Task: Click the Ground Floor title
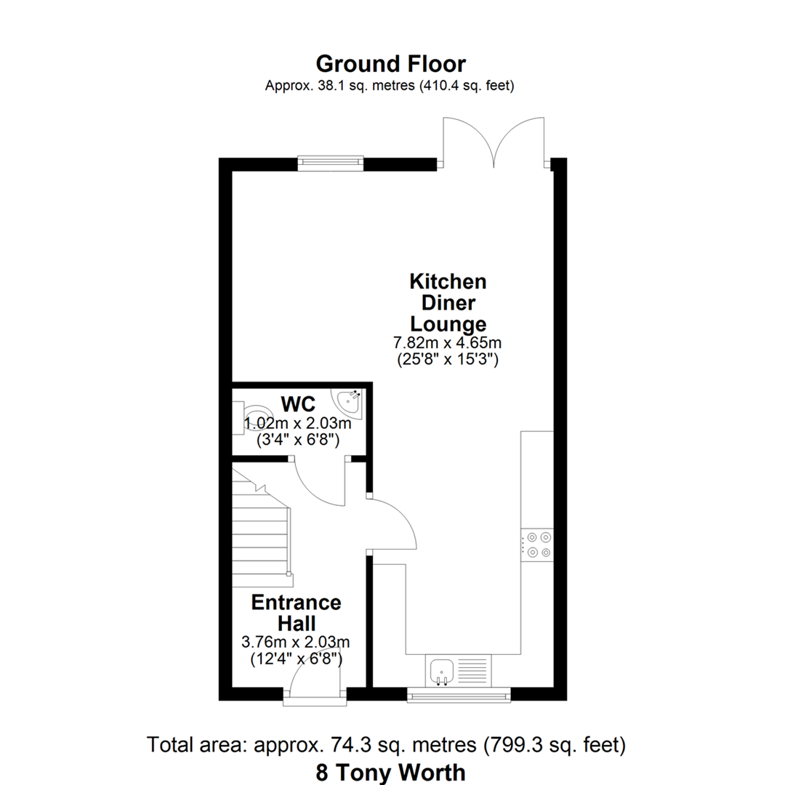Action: pyautogui.click(x=391, y=64)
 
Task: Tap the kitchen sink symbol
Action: pyautogui.click(x=441, y=669)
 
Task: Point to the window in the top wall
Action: pyautogui.click(x=330, y=163)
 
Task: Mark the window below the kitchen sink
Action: pyautogui.click(x=458, y=696)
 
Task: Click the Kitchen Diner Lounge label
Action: pyautogui.click(x=448, y=302)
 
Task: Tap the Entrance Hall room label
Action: pyautogui.click(x=296, y=613)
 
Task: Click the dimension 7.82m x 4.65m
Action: pyautogui.click(x=448, y=342)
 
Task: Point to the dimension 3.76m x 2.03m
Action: pyautogui.click(x=296, y=643)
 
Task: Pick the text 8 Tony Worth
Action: pyautogui.click(x=391, y=771)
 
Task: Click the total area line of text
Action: pyautogui.click(x=386, y=745)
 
